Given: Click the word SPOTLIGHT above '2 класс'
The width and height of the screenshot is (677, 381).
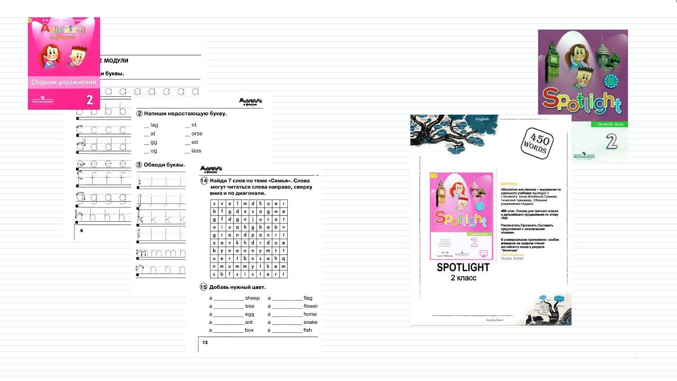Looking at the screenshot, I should pyautogui.click(x=463, y=268).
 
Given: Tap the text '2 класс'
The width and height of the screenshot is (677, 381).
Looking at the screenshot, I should pyautogui.click(x=463, y=278).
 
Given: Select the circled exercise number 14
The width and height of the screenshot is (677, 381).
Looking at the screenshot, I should pyautogui.click(x=204, y=180).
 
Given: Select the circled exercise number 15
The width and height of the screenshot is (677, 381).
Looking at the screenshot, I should pyautogui.click(x=203, y=287).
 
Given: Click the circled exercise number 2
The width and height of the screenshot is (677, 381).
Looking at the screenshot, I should pyautogui.click(x=140, y=114).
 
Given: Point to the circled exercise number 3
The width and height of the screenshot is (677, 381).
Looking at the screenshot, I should pyautogui.click(x=140, y=165).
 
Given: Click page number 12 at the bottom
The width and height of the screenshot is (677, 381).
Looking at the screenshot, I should pyautogui.click(x=205, y=343).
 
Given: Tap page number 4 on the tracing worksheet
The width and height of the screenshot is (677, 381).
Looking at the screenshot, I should pyautogui.click(x=81, y=231).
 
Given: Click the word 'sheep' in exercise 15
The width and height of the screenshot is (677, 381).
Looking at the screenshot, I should pyautogui.click(x=252, y=298).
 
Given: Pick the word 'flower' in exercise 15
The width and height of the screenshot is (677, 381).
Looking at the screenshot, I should pyautogui.click(x=310, y=306).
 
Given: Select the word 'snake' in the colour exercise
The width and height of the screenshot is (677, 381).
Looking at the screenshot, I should pyautogui.click(x=310, y=322).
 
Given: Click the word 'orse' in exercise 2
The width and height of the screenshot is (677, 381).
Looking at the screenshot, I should pyautogui.click(x=197, y=134).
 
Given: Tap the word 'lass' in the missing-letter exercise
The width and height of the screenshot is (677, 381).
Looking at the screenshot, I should pyautogui.click(x=196, y=151).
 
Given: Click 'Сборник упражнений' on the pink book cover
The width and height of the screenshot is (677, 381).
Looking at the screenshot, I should pyautogui.click(x=63, y=83).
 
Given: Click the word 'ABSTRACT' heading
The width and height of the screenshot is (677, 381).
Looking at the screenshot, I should pyautogui.click(x=509, y=184).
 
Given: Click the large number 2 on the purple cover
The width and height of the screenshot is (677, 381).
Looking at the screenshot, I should pyautogui.click(x=611, y=142).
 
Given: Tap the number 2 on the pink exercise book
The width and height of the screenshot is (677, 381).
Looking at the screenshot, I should pyautogui.click(x=89, y=99).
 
